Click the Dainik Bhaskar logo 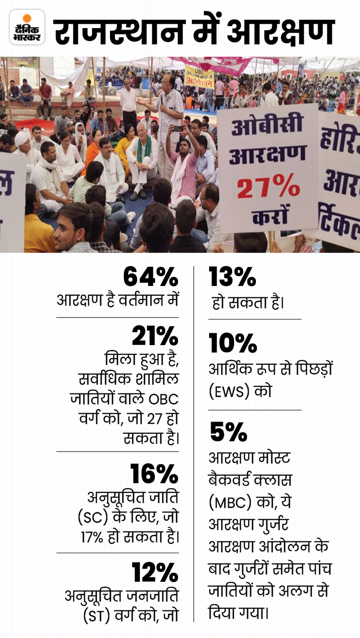[27, 27]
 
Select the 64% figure [150, 278]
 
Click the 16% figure [154, 474]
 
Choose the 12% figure [154, 572]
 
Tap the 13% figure [232, 278]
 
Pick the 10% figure [233, 343]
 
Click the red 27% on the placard [268, 188]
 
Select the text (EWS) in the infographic [232, 392]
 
